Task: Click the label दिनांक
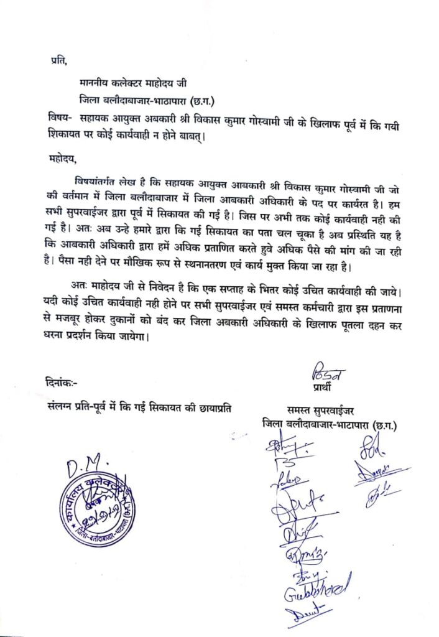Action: [x=63, y=381]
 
